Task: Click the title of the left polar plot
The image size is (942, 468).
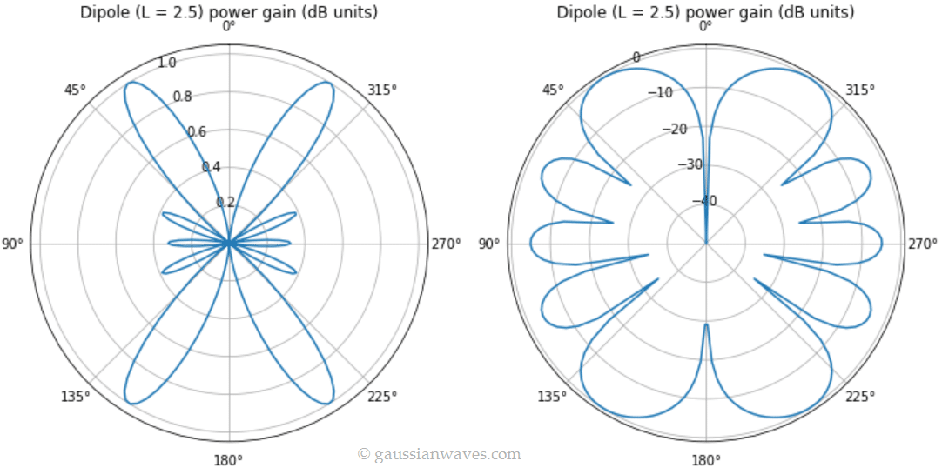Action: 229,12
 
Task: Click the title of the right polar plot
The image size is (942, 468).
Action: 706,12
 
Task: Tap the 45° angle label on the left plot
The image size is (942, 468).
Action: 76,90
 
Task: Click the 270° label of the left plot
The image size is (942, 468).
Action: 446,244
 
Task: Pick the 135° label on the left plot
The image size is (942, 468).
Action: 76,397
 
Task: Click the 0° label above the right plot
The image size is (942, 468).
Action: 706,26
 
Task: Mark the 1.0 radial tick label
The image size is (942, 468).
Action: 167,63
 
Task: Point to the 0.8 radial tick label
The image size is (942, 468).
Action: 182,97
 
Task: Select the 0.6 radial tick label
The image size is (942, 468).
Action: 197,132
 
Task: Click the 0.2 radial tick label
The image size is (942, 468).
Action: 225,203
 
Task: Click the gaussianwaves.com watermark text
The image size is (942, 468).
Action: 440,454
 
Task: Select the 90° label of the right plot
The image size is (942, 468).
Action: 489,244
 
